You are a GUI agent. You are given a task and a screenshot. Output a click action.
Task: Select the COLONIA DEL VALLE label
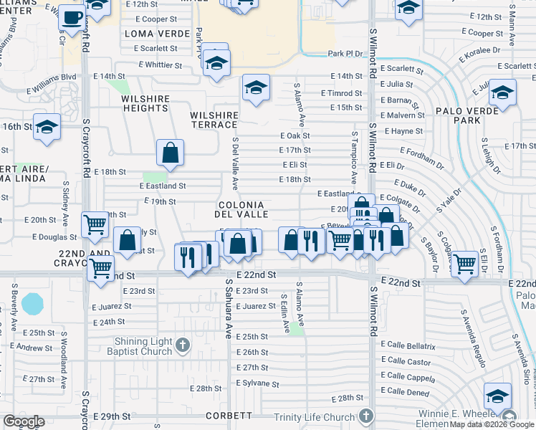point(244,209)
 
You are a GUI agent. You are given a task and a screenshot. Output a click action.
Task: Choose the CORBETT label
point(229,416)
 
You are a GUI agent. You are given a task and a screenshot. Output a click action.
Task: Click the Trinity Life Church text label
point(315,417)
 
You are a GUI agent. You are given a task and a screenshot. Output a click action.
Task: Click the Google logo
point(24,421)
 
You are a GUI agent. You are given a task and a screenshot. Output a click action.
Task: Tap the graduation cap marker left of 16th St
point(47,128)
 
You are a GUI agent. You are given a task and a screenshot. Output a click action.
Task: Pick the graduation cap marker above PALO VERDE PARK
point(502,92)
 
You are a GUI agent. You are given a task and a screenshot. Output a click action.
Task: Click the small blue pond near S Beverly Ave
point(33,303)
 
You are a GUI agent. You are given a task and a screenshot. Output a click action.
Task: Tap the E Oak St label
point(295,135)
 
